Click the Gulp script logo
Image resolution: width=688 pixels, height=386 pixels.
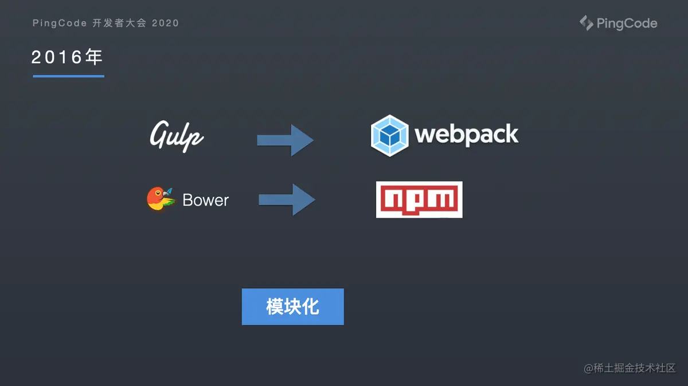[x=177, y=136]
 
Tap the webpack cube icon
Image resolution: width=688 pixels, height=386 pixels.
[x=389, y=136]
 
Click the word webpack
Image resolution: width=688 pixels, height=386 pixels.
[x=466, y=135]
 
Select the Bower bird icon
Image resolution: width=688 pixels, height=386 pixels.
[x=162, y=199]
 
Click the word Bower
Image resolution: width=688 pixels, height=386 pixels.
[x=205, y=200]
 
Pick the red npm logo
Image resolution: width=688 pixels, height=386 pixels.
[x=419, y=199]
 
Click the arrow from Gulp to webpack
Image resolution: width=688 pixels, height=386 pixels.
[x=286, y=140]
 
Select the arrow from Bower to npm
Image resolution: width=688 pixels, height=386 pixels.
[x=287, y=200]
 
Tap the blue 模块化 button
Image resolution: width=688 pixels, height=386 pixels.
[x=293, y=306]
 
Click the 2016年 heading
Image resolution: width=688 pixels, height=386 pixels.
[x=67, y=57]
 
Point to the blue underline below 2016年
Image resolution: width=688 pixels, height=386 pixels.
[x=68, y=76]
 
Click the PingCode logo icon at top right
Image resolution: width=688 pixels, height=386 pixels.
[x=587, y=23]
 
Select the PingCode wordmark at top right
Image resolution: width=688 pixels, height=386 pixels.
[x=627, y=23]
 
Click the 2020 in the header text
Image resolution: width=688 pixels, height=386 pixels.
[x=165, y=23]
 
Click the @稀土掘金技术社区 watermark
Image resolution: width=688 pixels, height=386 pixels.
[x=630, y=368]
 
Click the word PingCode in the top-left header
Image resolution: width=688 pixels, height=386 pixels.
[x=60, y=23]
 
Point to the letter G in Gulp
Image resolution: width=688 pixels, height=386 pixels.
[x=160, y=135]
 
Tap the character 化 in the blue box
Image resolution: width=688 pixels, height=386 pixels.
[x=311, y=306]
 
